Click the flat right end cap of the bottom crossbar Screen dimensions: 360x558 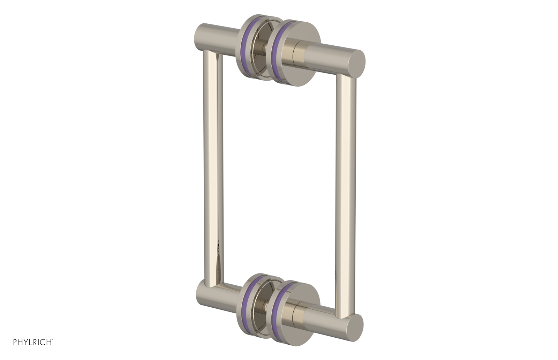click(x=355, y=327)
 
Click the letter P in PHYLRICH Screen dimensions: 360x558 click(x=15, y=342)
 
